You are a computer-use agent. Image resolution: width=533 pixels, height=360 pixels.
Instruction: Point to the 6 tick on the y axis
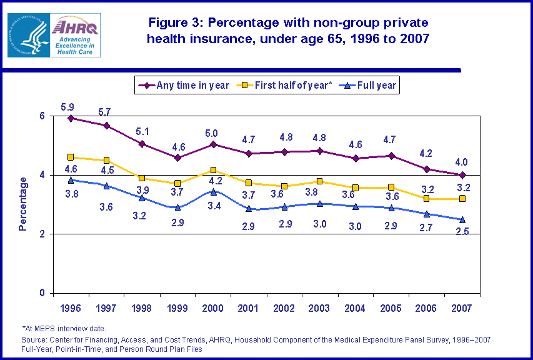point(42,116)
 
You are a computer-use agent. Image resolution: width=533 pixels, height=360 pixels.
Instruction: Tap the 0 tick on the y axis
point(42,293)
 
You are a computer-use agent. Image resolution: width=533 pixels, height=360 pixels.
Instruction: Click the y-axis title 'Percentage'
point(23,204)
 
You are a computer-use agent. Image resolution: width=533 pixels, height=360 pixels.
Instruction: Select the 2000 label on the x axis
point(214,308)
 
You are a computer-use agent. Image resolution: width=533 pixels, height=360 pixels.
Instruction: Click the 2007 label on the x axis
point(462,308)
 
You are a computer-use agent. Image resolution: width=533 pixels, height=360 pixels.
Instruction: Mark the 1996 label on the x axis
point(71,308)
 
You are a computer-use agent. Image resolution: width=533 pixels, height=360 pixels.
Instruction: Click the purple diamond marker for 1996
point(71,118)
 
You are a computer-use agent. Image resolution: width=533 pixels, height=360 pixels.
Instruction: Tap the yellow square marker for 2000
point(214,170)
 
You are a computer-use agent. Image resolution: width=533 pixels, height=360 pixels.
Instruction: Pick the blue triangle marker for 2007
point(462,219)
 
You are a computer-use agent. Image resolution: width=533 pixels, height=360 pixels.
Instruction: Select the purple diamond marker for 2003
point(320,151)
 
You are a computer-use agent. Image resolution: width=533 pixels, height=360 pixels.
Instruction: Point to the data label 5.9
point(67,107)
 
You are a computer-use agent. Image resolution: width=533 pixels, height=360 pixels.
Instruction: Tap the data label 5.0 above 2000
point(211,133)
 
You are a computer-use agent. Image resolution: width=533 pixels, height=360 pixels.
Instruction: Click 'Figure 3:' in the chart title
point(176,23)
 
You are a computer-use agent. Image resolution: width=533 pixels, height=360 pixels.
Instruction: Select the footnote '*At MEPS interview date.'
point(64,328)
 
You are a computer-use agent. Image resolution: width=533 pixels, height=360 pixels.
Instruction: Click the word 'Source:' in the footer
point(34,339)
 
